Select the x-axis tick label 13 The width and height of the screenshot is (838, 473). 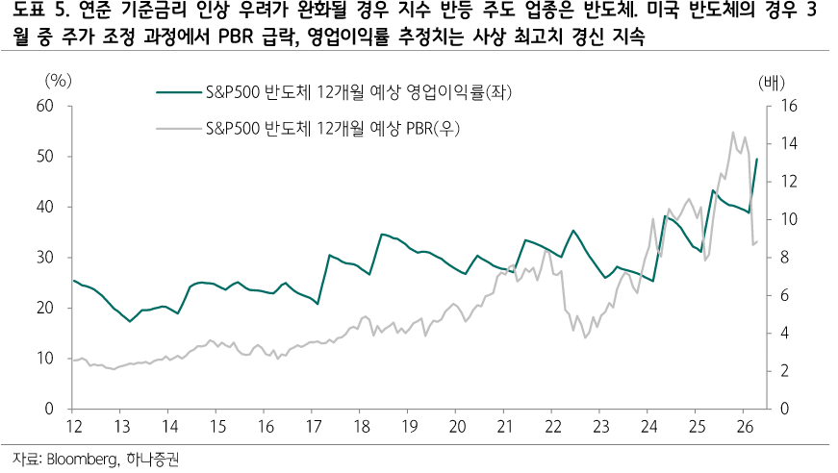pos(121,426)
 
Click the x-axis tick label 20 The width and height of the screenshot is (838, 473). pos(456,426)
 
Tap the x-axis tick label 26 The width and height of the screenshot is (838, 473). pos(743,426)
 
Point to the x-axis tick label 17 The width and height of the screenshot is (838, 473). pos(313,426)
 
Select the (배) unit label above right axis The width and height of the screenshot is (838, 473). pos(773,82)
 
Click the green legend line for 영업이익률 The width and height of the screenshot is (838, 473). pos(179,93)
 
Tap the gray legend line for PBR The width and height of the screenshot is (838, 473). pos(179,127)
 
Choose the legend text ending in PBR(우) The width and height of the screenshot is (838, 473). pos(333,127)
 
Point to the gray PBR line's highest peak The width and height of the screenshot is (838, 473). pos(733,133)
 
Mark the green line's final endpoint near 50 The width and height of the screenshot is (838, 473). pos(757,160)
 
